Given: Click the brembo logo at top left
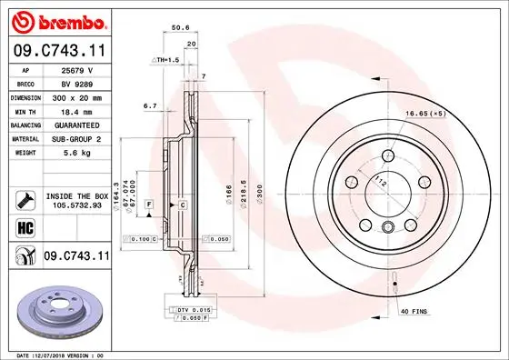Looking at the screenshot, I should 56,21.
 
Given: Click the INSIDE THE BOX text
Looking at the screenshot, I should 76,195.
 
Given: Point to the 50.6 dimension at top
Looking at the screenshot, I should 180,28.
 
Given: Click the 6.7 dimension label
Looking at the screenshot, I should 151,105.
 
